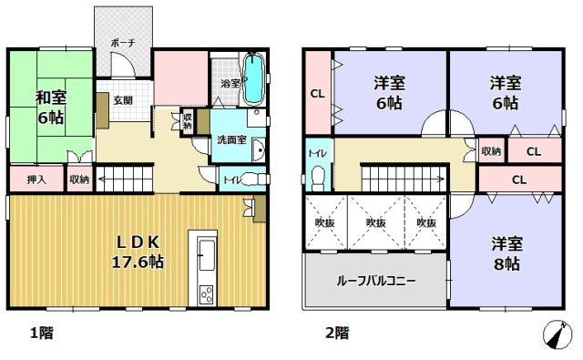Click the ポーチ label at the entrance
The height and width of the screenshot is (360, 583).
click(122, 43)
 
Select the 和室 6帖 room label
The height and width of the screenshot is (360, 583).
click(49, 108)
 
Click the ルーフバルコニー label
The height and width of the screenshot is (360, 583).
click(376, 281)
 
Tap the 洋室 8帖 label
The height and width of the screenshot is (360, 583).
click(506, 253)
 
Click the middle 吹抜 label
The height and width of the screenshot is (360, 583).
click(376, 222)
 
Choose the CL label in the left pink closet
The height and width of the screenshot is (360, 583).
click(318, 92)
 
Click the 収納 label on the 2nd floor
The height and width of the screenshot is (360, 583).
click(491, 151)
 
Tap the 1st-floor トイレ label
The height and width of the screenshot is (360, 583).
click(232, 180)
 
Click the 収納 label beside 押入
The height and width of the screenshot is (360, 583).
click(79, 180)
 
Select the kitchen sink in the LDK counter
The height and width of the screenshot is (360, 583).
click(204, 252)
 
